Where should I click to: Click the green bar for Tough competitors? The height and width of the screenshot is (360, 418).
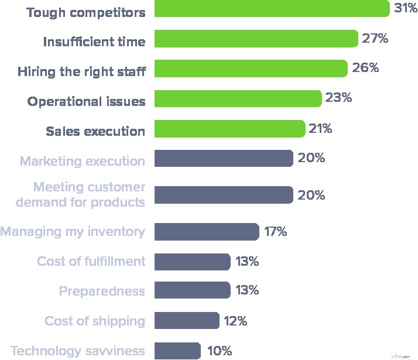(x=272, y=9)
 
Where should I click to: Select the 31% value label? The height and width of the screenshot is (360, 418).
(x=405, y=9)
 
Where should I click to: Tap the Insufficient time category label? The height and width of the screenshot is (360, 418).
(x=94, y=42)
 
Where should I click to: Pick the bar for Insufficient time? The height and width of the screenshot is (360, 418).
(x=256, y=39)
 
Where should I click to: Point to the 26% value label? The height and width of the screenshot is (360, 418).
(x=365, y=68)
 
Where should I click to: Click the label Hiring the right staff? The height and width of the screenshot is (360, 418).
(x=81, y=71)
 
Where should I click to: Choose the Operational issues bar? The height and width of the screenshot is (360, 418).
(x=238, y=98)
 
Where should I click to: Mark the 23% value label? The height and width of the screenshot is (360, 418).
(x=338, y=98)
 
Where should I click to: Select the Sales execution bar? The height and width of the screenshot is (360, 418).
(x=229, y=129)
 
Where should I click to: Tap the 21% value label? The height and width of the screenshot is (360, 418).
(x=320, y=129)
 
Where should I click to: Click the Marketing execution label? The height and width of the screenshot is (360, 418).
(x=83, y=161)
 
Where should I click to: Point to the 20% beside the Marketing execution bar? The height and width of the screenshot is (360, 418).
(x=311, y=158)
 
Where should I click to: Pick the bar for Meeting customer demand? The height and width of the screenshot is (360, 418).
(x=224, y=195)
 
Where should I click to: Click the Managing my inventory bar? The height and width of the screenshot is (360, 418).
(x=207, y=231)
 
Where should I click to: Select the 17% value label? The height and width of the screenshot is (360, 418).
(x=275, y=231)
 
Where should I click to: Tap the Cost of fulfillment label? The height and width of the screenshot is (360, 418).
(x=91, y=261)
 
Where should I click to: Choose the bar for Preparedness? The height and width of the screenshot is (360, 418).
(x=192, y=290)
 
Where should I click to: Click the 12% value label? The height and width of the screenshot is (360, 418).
(x=235, y=321)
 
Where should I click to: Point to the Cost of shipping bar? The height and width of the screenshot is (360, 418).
(x=187, y=321)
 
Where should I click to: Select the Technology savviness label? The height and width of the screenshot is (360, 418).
(x=77, y=351)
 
